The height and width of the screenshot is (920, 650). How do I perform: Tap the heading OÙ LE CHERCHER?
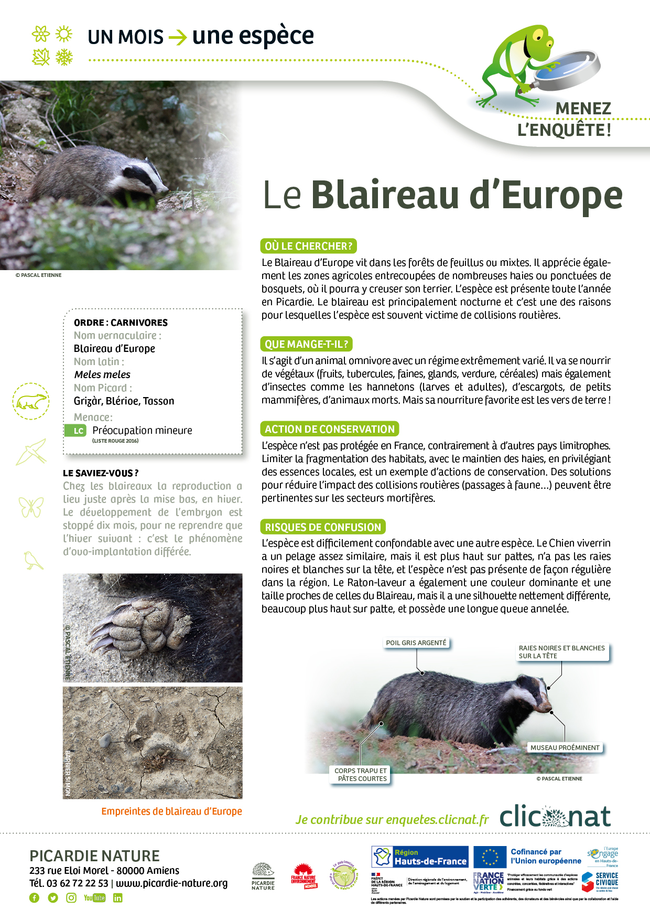308,246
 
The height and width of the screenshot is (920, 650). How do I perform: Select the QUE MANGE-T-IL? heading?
306,344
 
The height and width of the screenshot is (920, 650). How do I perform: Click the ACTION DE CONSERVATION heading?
329,429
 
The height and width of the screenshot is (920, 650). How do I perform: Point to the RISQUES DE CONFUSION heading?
322,527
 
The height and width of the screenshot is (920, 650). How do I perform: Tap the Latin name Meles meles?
102,375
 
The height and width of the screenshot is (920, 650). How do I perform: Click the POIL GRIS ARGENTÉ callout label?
416,643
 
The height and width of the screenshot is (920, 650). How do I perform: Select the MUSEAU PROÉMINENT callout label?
565,747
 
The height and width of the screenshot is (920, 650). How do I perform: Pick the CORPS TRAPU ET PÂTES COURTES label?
361,775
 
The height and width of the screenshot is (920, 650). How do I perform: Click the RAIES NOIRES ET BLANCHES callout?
561,652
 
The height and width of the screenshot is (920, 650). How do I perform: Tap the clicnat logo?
555,817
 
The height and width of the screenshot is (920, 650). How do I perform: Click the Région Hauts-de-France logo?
419,857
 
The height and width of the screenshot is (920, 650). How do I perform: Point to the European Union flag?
490,857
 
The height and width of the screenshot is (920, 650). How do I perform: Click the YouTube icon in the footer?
94,898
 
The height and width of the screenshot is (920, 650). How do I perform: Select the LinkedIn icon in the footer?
117,898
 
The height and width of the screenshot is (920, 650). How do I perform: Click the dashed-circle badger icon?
31,401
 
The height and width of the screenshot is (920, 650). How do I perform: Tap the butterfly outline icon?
31,507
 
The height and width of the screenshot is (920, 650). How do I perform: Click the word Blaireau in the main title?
385,195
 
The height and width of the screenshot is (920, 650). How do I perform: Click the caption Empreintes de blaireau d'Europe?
171,811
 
